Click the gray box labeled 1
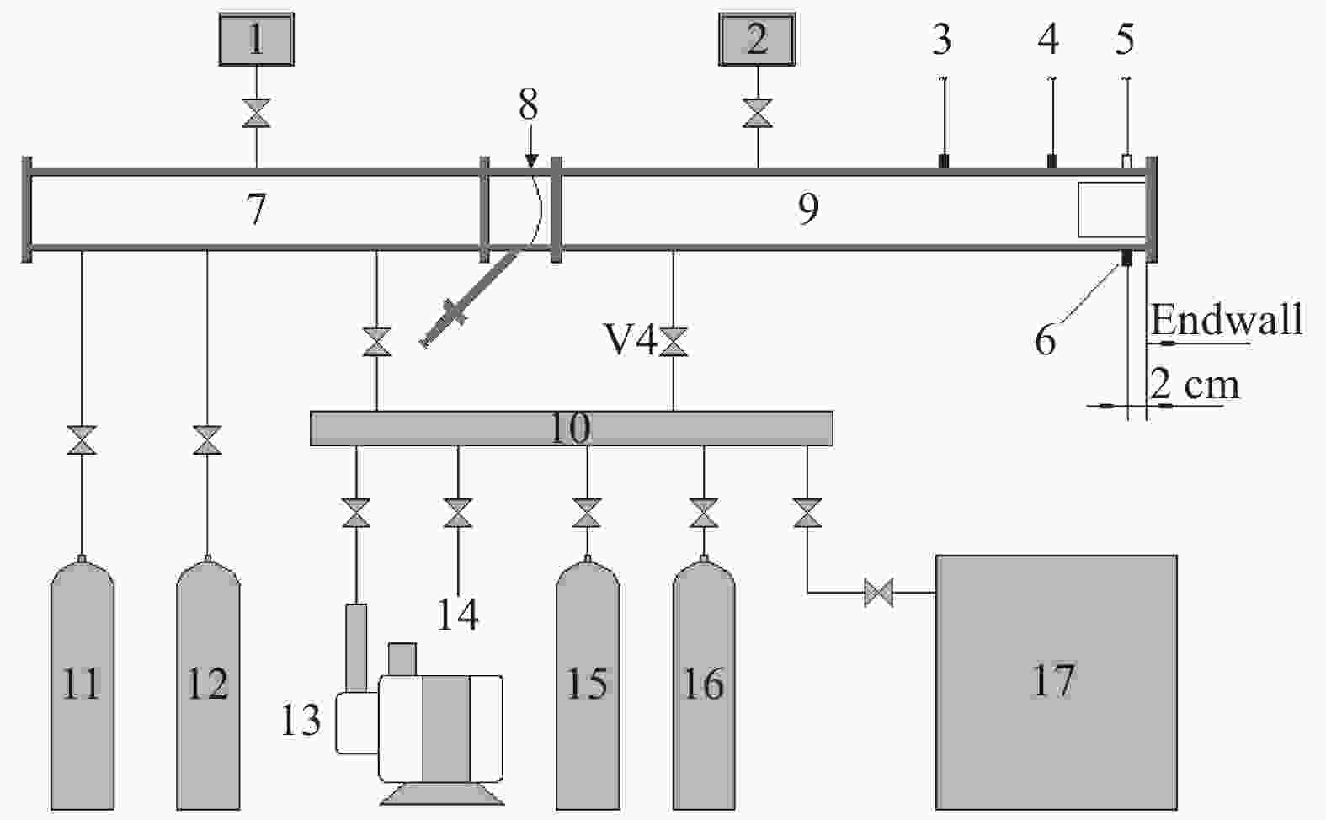(x=256, y=39)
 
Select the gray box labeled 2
(x=757, y=39)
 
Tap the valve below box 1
(x=256, y=113)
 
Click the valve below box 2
(x=758, y=113)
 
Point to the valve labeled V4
(x=674, y=342)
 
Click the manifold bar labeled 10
(x=572, y=428)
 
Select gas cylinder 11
(x=82, y=683)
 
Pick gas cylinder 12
(x=208, y=683)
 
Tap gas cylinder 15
(x=588, y=683)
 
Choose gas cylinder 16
(x=704, y=683)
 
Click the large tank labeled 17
(x=1056, y=682)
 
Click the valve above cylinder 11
(x=82, y=440)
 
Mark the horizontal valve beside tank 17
(x=878, y=593)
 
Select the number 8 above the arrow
(x=529, y=104)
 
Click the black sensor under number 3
(x=944, y=161)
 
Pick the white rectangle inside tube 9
(x=1111, y=210)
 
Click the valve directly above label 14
(x=458, y=513)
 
